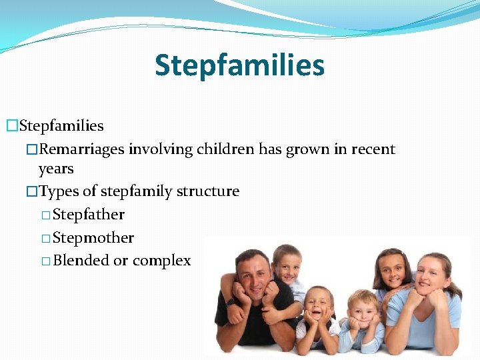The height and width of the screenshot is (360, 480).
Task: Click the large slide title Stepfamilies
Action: point(239,65)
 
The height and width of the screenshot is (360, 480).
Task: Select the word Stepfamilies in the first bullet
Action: point(61,125)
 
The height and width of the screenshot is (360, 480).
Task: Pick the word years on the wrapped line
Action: point(56,169)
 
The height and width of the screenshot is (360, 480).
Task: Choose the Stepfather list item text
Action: point(88,215)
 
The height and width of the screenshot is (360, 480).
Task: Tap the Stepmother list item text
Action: point(93,238)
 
